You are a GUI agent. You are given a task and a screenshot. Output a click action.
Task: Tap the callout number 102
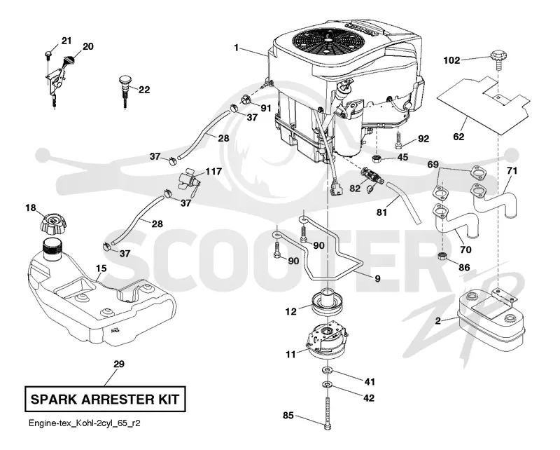point(451,60)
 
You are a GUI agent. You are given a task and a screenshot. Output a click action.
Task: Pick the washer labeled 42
point(327,385)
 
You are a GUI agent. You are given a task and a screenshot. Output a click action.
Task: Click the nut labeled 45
point(376,158)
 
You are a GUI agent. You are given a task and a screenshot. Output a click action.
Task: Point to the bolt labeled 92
point(398,139)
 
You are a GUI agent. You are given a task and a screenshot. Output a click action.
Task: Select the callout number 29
point(119,364)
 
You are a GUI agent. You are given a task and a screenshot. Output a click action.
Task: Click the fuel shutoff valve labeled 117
point(188,181)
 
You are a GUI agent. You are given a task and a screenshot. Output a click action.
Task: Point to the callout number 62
point(458,136)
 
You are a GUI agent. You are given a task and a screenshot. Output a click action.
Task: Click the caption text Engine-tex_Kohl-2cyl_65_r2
point(85,423)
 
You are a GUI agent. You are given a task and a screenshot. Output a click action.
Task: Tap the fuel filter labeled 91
point(246,98)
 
